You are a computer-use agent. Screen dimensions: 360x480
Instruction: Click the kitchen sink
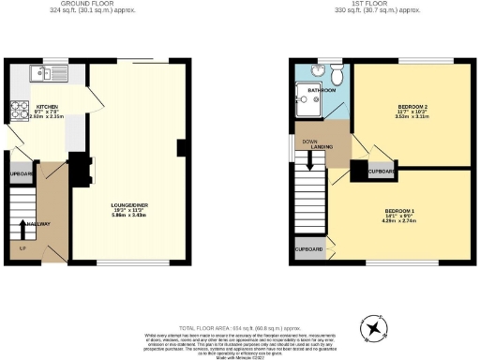(x=40, y=71)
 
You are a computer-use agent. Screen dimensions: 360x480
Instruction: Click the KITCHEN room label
(x=47, y=107)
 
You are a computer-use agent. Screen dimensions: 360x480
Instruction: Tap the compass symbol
(x=375, y=326)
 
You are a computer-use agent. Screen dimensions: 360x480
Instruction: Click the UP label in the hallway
(x=22, y=247)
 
